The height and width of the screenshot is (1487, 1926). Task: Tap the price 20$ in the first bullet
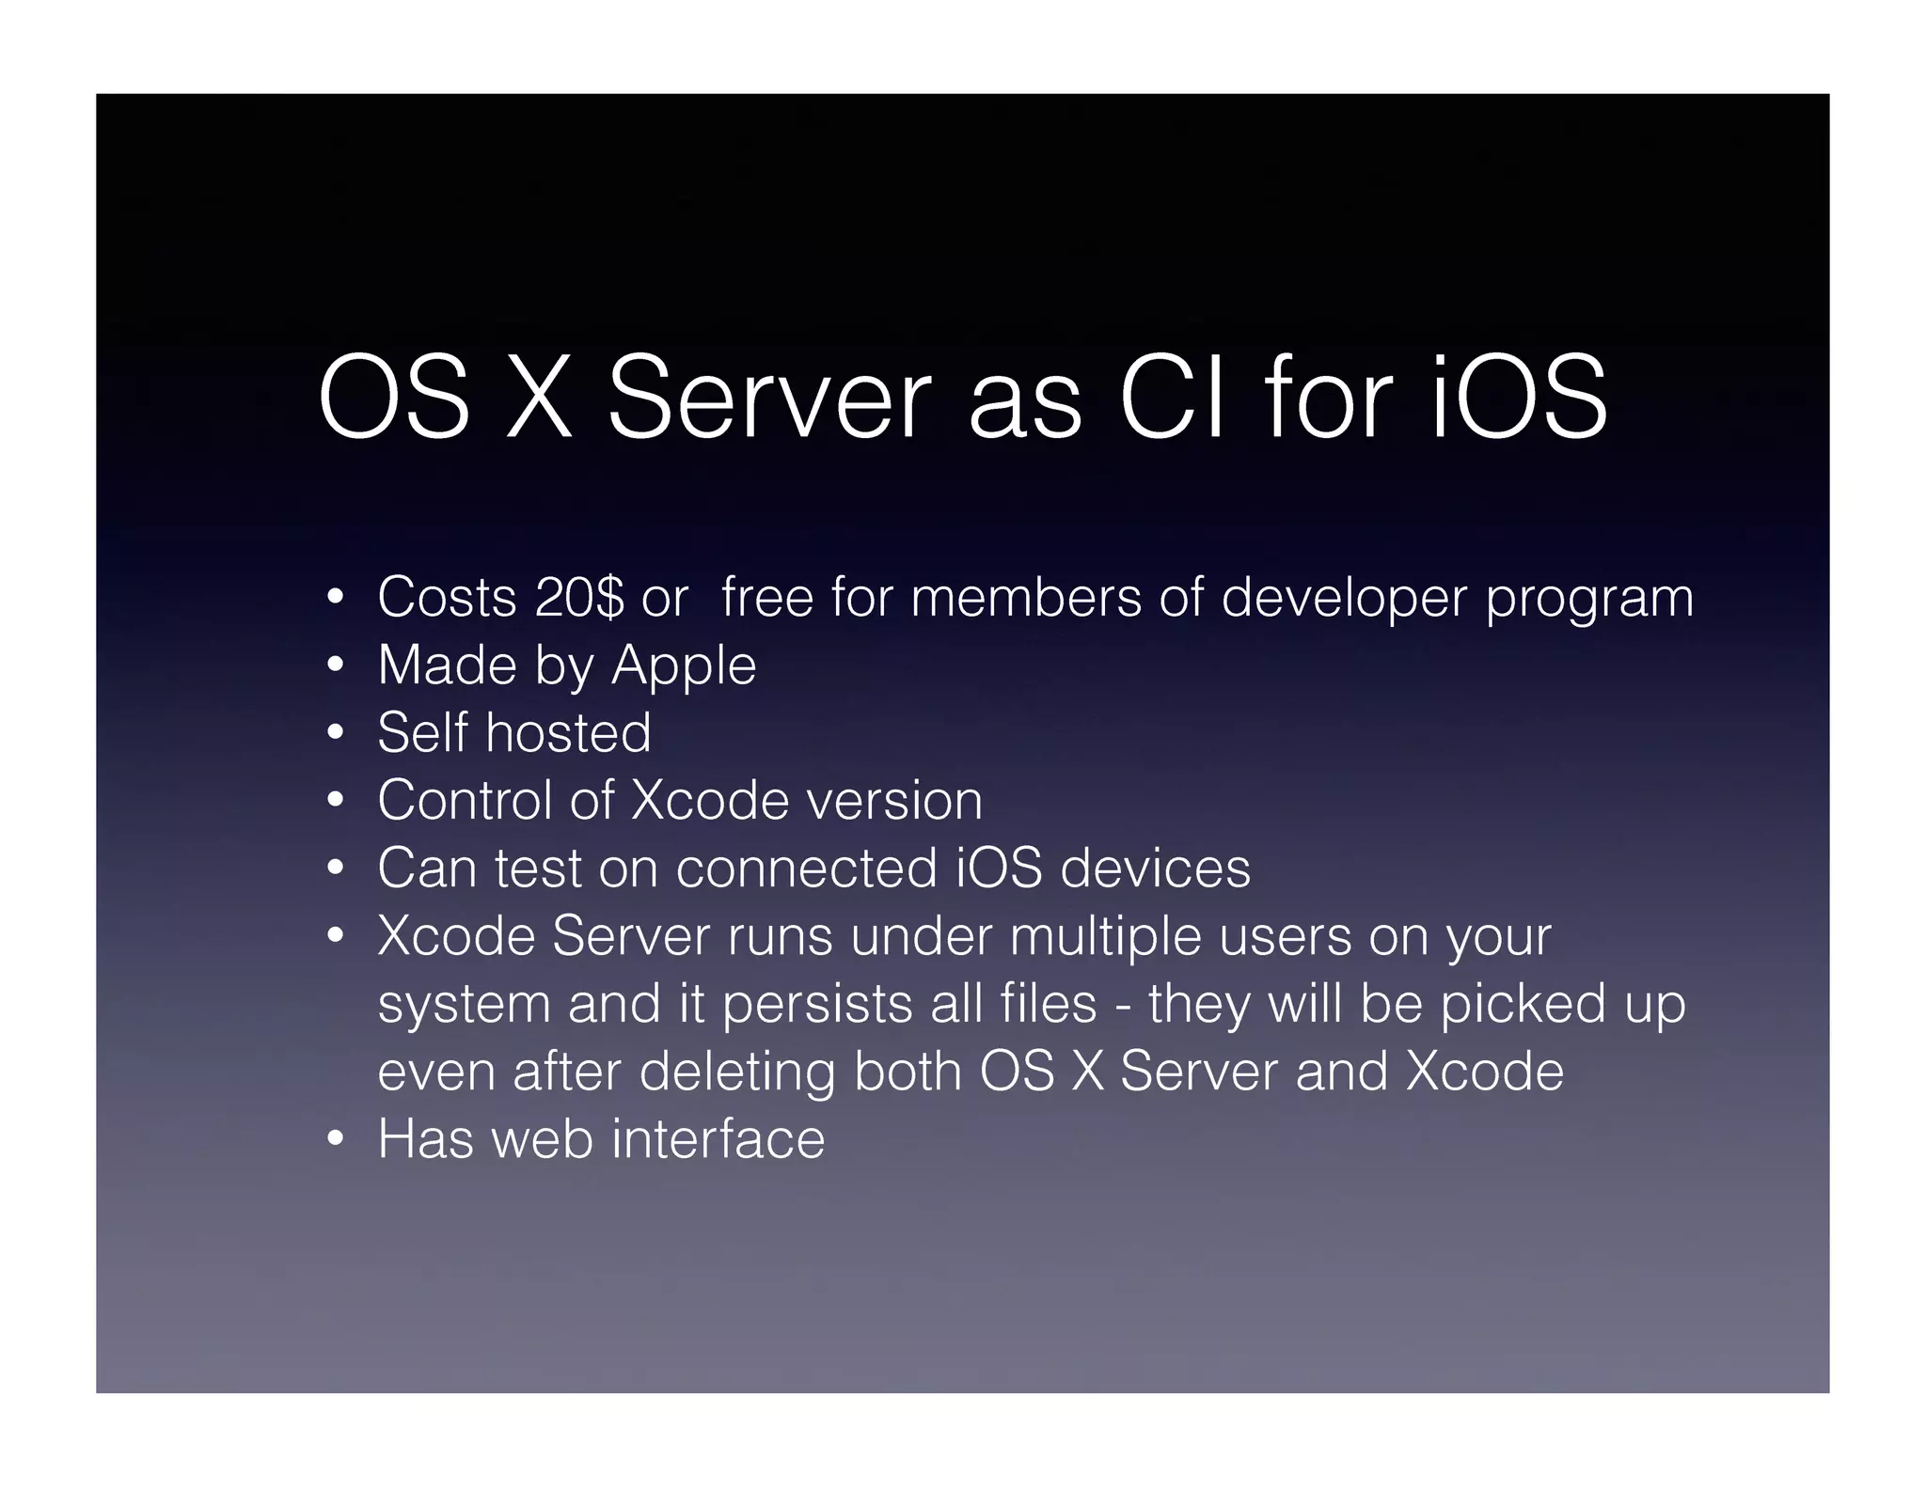[578, 597]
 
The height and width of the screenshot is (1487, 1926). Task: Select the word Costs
[447, 597]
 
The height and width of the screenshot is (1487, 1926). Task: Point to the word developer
[1344, 599]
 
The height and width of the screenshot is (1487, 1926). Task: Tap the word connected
[806, 868]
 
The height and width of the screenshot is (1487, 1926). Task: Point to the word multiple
[1105, 937]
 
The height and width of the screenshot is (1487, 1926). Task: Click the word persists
[817, 1004]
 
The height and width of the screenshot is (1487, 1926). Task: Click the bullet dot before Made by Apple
[336, 666]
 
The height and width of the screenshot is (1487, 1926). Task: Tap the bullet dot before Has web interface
[336, 1140]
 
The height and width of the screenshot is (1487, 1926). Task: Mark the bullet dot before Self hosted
[336, 734]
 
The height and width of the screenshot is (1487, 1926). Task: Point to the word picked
[1523, 1004]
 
